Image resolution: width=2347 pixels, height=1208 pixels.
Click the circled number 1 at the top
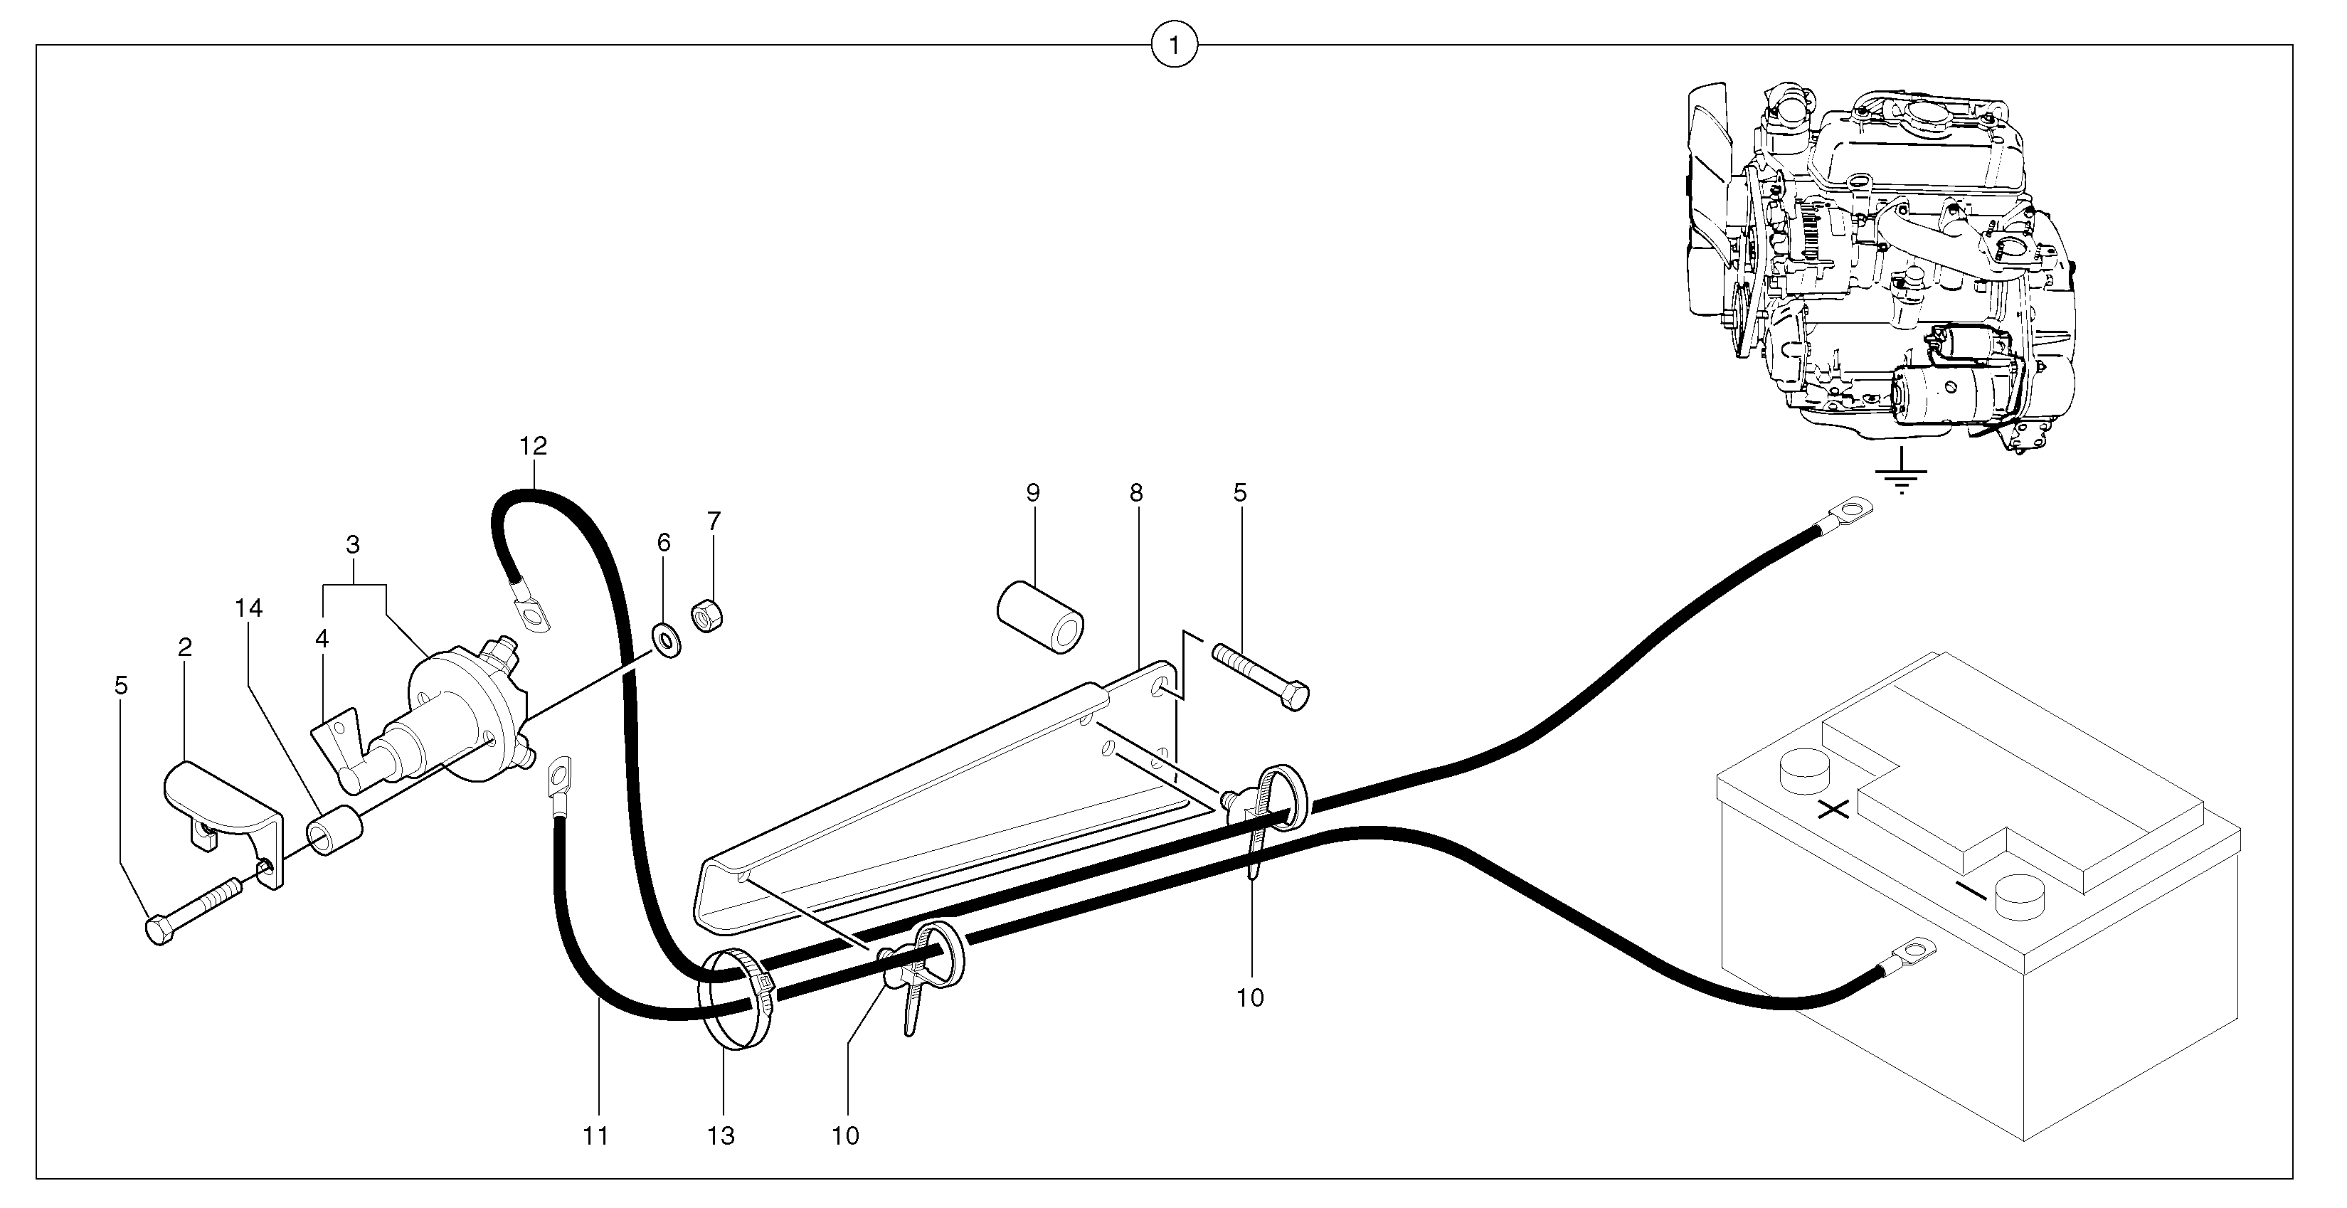pos(1174,45)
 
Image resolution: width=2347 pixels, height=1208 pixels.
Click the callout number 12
pos(533,446)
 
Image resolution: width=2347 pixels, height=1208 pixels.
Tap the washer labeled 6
pos(667,640)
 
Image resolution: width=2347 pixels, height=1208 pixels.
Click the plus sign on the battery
pos(1833,808)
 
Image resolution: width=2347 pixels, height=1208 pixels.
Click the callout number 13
pos(720,1136)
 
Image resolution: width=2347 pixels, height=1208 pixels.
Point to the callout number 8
pos(1135,493)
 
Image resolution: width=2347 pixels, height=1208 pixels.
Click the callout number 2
pos(185,647)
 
